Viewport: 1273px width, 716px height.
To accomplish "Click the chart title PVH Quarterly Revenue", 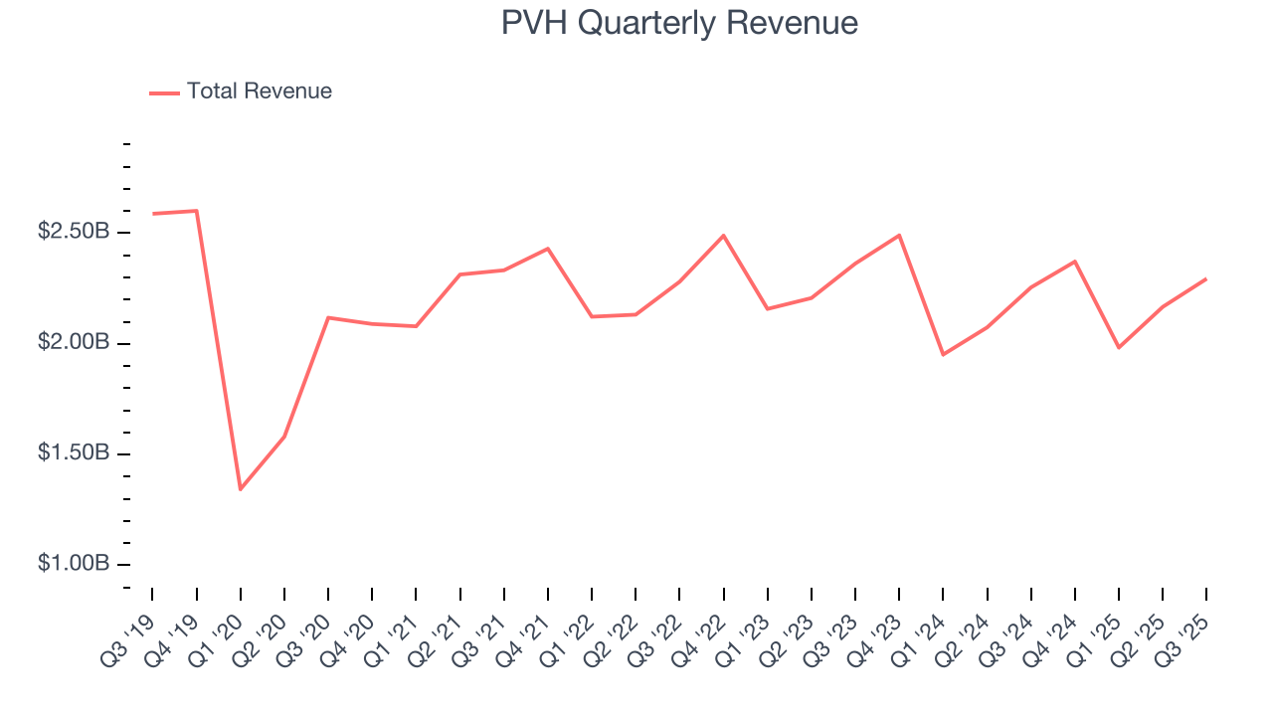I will (x=679, y=23).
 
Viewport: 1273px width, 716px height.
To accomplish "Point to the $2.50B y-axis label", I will (x=73, y=232).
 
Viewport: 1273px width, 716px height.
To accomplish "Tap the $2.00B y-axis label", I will (x=73, y=343).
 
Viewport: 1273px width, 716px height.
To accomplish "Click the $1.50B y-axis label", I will (x=73, y=453).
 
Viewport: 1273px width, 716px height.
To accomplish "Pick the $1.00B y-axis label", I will (x=73, y=564).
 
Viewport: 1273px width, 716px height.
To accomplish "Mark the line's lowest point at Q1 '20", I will (x=241, y=489).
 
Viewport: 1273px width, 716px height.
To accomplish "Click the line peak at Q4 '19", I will (x=196, y=211).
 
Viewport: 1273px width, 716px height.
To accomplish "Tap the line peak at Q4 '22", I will (x=723, y=236).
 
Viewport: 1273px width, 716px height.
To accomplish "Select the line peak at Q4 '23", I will (x=899, y=236).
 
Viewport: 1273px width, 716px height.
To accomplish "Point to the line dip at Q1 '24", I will (x=943, y=355).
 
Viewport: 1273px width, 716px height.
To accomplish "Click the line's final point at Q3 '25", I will (x=1206, y=278).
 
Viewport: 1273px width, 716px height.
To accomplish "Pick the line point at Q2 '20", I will (x=284, y=437).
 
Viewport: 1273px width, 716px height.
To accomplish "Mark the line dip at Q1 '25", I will (x=1119, y=347).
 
